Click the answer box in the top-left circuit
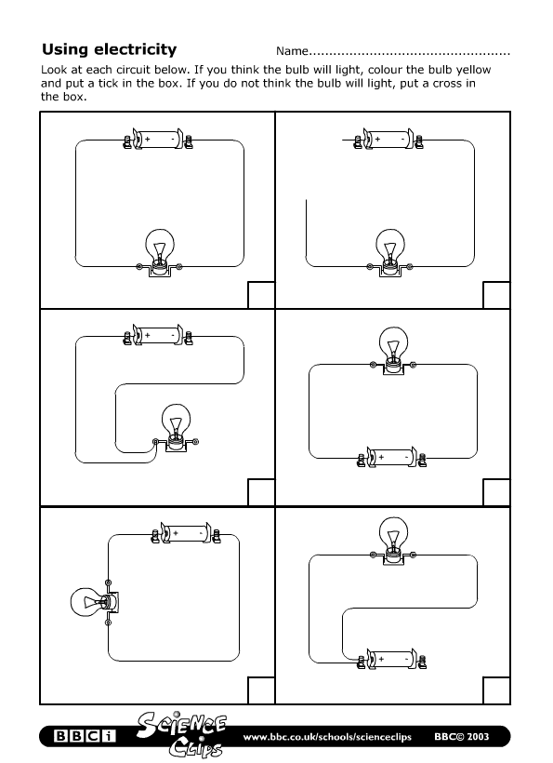coord(261,295)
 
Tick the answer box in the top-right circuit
coord(496,295)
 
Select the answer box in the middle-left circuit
coord(261,492)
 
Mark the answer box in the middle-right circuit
coord(496,492)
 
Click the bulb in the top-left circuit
coord(159,248)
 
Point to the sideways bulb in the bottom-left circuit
coord(89,602)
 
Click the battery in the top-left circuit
coord(158,141)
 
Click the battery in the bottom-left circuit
coord(185,534)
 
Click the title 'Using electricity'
coord(110,49)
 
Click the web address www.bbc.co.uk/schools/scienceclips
coord(331,738)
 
